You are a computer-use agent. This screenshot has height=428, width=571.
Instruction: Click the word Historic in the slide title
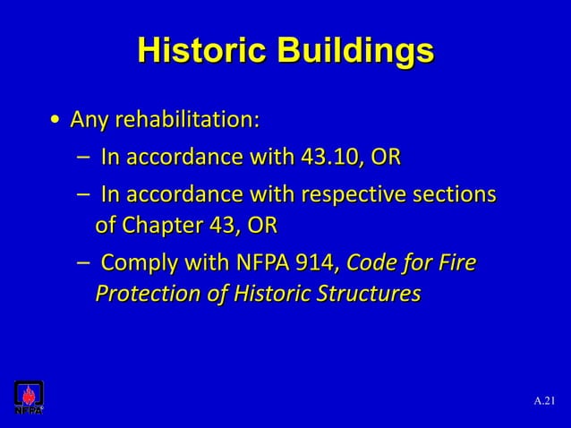pyautogui.click(x=198, y=50)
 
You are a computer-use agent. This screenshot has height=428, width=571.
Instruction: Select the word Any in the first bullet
pyautogui.click(x=89, y=119)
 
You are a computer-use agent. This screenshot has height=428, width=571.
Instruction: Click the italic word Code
pyautogui.click(x=370, y=264)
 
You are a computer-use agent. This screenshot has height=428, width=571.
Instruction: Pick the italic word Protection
pyautogui.click(x=140, y=295)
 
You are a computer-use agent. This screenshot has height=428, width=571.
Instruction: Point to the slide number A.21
pyautogui.click(x=544, y=400)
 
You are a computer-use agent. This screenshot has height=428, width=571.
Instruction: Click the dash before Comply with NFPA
pyautogui.click(x=82, y=265)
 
